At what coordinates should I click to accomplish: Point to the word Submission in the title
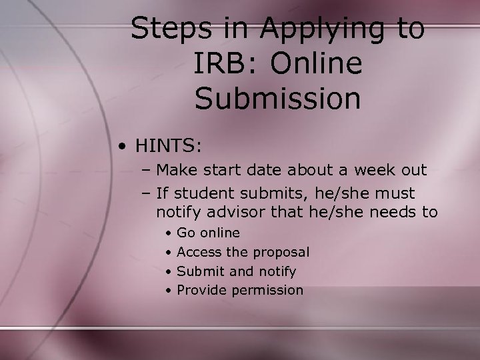click(278, 98)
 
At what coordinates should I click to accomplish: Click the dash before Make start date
click(146, 170)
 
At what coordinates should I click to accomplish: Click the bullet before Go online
click(170, 234)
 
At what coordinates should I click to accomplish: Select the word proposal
click(280, 253)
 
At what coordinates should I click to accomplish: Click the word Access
click(200, 253)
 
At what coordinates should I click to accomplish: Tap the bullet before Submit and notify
click(170, 272)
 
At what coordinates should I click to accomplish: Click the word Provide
click(202, 291)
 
